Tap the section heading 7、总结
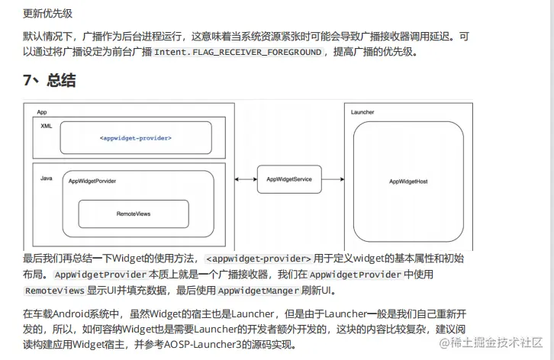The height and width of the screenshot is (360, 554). pyautogui.click(x=49, y=81)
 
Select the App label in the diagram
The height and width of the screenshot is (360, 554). pyautogui.click(x=43, y=112)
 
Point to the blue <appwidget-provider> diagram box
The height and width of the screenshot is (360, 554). pyautogui.click(x=135, y=138)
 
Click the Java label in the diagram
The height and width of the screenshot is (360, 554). pyautogui.click(x=46, y=178)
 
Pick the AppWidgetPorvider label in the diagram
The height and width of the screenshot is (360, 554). pyautogui.click(x=92, y=182)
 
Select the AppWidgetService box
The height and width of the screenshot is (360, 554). pyautogui.click(x=289, y=178)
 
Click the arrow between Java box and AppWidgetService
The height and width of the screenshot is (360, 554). pyautogui.click(x=246, y=178)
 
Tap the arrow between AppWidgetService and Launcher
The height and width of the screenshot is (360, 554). pyautogui.click(x=333, y=178)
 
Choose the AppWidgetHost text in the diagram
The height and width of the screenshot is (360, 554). pyautogui.click(x=408, y=182)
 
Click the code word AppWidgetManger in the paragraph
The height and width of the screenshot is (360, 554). pyautogui.click(x=255, y=291)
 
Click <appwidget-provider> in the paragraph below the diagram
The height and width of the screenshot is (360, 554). pyautogui.click(x=259, y=259)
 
